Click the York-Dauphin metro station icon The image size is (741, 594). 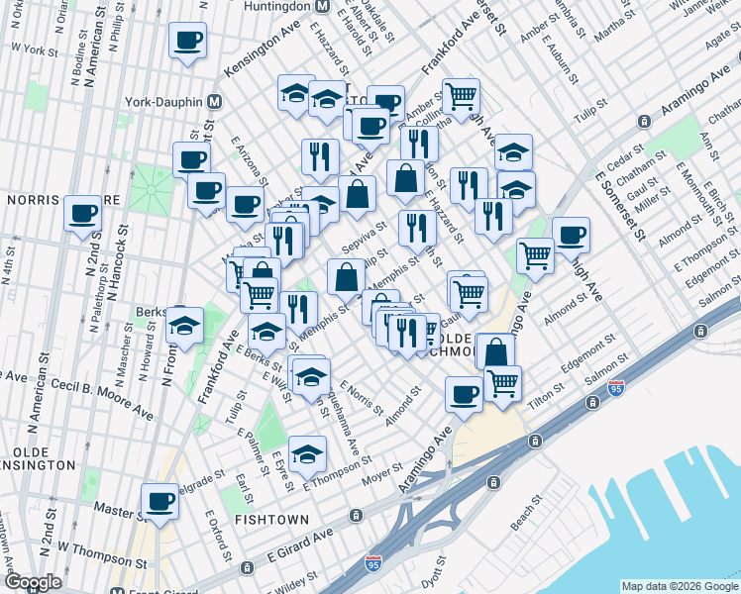click(213, 102)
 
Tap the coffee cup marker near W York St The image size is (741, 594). click(187, 43)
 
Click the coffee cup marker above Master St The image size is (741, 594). click(159, 501)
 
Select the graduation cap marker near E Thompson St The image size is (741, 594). click(307, 453)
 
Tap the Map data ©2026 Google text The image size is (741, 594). click(679, 586)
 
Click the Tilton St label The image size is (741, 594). click(547, 395)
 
